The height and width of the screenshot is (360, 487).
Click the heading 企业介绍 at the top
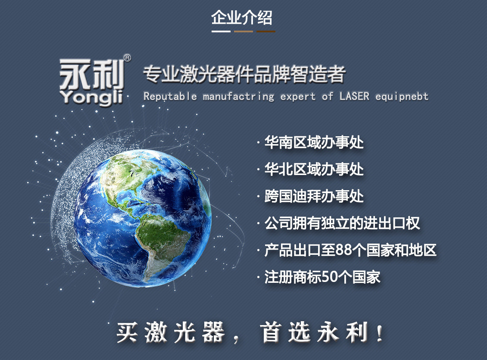(x=242, y=17)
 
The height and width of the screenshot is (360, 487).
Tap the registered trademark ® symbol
(x=127, y=58)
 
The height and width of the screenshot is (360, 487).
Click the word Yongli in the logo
(x=91, y=97)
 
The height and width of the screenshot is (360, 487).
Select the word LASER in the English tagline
(x=354, y=96)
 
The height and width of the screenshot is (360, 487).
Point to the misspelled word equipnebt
(x=402, y=97)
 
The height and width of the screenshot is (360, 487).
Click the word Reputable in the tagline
(x=170, y=97)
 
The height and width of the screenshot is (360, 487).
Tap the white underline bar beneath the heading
(x=221, y=31)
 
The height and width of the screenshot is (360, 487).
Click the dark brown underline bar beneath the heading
(x=266, y=31)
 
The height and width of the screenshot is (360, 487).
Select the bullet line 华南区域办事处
(x=314, y=143)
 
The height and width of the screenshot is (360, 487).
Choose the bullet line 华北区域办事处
(x=314, y=169)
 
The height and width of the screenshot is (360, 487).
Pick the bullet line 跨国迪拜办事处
(x=314, y=196)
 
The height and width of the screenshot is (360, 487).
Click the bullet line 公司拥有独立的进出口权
(x=342, y=223)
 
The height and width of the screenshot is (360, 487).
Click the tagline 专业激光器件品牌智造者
(x=244, y=75)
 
